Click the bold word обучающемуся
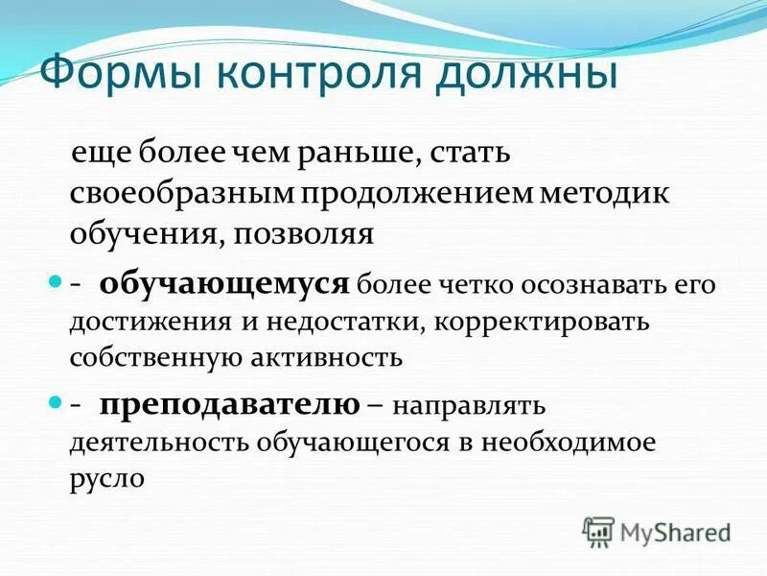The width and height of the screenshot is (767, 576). (x=222, y=282)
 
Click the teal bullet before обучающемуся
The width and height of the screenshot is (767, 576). (x=55, y=283)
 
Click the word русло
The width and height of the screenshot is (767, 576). (x=106, y=478)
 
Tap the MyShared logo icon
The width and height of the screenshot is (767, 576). (x=598, y=530)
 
